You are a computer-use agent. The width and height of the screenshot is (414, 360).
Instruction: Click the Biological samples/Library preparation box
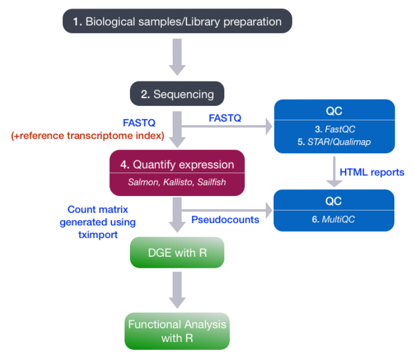177,22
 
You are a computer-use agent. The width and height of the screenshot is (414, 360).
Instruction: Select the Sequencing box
177,94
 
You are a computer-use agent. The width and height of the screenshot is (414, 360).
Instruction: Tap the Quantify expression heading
176,164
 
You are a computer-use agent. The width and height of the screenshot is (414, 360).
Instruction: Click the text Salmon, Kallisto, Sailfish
176,182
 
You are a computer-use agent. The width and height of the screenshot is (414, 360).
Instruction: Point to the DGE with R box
177,252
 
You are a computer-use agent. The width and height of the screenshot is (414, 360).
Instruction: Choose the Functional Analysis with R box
177,331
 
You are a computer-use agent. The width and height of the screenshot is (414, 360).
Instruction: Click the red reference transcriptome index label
87,135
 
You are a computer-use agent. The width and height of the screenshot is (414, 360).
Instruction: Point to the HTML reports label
372,172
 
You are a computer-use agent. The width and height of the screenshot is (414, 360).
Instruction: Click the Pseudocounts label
225,219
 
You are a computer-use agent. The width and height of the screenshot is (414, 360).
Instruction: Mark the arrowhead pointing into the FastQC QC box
266,127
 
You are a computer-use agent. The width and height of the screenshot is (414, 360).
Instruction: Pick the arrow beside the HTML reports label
334,172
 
